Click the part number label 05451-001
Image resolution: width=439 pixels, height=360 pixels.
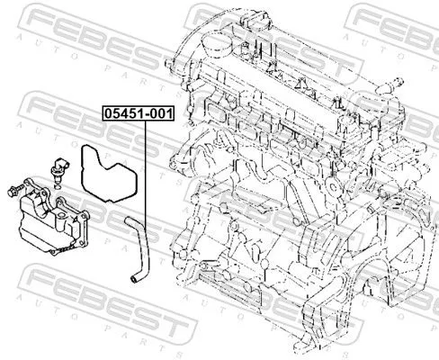click(137, 115)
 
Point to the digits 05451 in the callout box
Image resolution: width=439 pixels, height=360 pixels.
click(123, 115)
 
